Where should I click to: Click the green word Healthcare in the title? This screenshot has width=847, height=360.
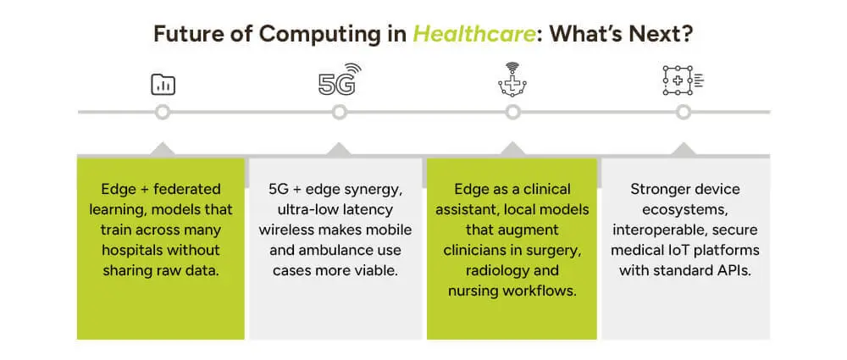click(x=474, y=34)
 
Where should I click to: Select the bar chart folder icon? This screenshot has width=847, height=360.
click(x=163, y=85)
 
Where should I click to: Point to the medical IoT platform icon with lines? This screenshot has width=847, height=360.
click(x=684, y=81)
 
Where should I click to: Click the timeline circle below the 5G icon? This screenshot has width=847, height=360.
click(x=339, y=113)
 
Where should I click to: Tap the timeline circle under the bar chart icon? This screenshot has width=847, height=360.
click(x=162, y=113)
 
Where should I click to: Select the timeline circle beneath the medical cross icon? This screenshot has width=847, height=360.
click(x=512, y=113)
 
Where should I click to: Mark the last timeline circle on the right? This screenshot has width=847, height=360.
click(x=684, y=113)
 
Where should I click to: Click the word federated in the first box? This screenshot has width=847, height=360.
click(x=187, y=189)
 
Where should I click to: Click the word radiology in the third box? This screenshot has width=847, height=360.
click(x=481, y=270)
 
